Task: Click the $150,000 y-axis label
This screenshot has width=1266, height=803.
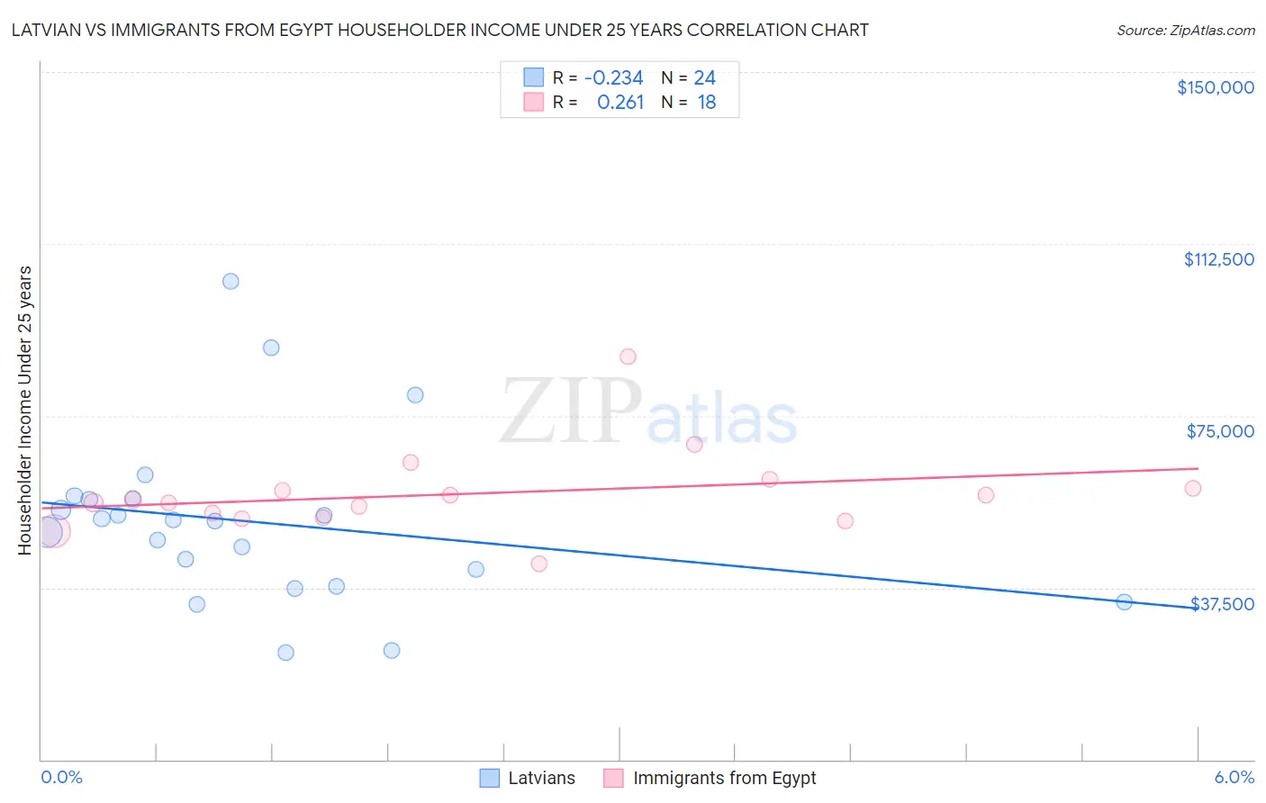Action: tap(1215, 87)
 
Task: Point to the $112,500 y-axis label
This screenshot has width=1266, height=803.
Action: tap(1218, 259)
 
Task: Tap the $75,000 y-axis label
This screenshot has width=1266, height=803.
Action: tap(1220, 431)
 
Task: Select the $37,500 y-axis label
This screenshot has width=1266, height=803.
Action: tap(1222, 604)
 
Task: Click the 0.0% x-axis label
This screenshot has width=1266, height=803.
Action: tap(61, 777)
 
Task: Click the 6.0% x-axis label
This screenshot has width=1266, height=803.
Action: tap(1234, 777)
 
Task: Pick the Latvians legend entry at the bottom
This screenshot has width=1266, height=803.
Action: tap(528, 778)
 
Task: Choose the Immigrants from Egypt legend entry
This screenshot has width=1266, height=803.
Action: tap(711, 778)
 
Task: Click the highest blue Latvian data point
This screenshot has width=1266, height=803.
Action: tap(231, 281)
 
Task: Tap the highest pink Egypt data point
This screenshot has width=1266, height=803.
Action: tap(628, 356)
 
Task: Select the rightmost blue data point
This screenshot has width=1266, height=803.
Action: tap(1124, 602)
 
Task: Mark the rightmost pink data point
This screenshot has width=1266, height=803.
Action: tap(1193, 488)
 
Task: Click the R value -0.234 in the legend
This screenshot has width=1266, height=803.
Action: tap(613, 78)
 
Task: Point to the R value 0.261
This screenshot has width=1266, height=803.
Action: tap(620, 103)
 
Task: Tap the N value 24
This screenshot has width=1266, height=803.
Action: tap(704, 78)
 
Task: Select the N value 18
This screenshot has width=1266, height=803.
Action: tap(706, 103)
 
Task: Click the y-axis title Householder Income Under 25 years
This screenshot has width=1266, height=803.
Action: tap(24, 410)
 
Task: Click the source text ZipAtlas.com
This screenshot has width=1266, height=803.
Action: tap(1211, 31)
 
